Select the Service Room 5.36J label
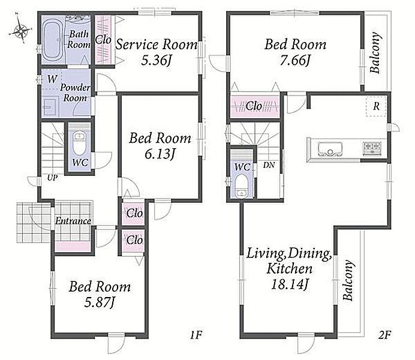coord(157,52)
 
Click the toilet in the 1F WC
coord(79,143)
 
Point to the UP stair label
coord(52,178)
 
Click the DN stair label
coord(269,165)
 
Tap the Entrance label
coord(73,221)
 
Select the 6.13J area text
coord(160,154)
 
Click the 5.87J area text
coord(100,302)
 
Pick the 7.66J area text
coord(295,60)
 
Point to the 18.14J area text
coord(290,284)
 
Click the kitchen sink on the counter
coord(330,149)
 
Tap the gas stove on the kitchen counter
coord(372,148)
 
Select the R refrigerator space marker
coord(376,106)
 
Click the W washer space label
coord(52,79)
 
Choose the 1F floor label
coord(196,335)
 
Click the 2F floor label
coord(384,335)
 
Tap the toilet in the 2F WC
coord(241,186)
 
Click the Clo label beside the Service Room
coord(103,40)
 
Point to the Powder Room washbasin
coord(50,106)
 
